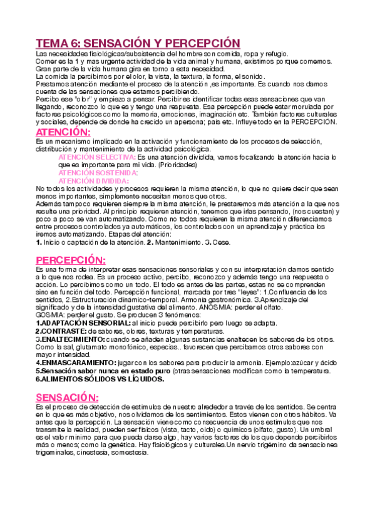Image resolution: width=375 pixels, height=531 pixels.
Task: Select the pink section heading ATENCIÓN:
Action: pos(63,133)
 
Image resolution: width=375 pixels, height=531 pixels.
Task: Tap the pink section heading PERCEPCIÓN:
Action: pos(71,260)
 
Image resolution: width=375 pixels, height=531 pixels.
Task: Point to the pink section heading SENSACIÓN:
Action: pos(67,398)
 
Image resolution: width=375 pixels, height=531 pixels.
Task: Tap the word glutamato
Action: pos(82,347)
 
